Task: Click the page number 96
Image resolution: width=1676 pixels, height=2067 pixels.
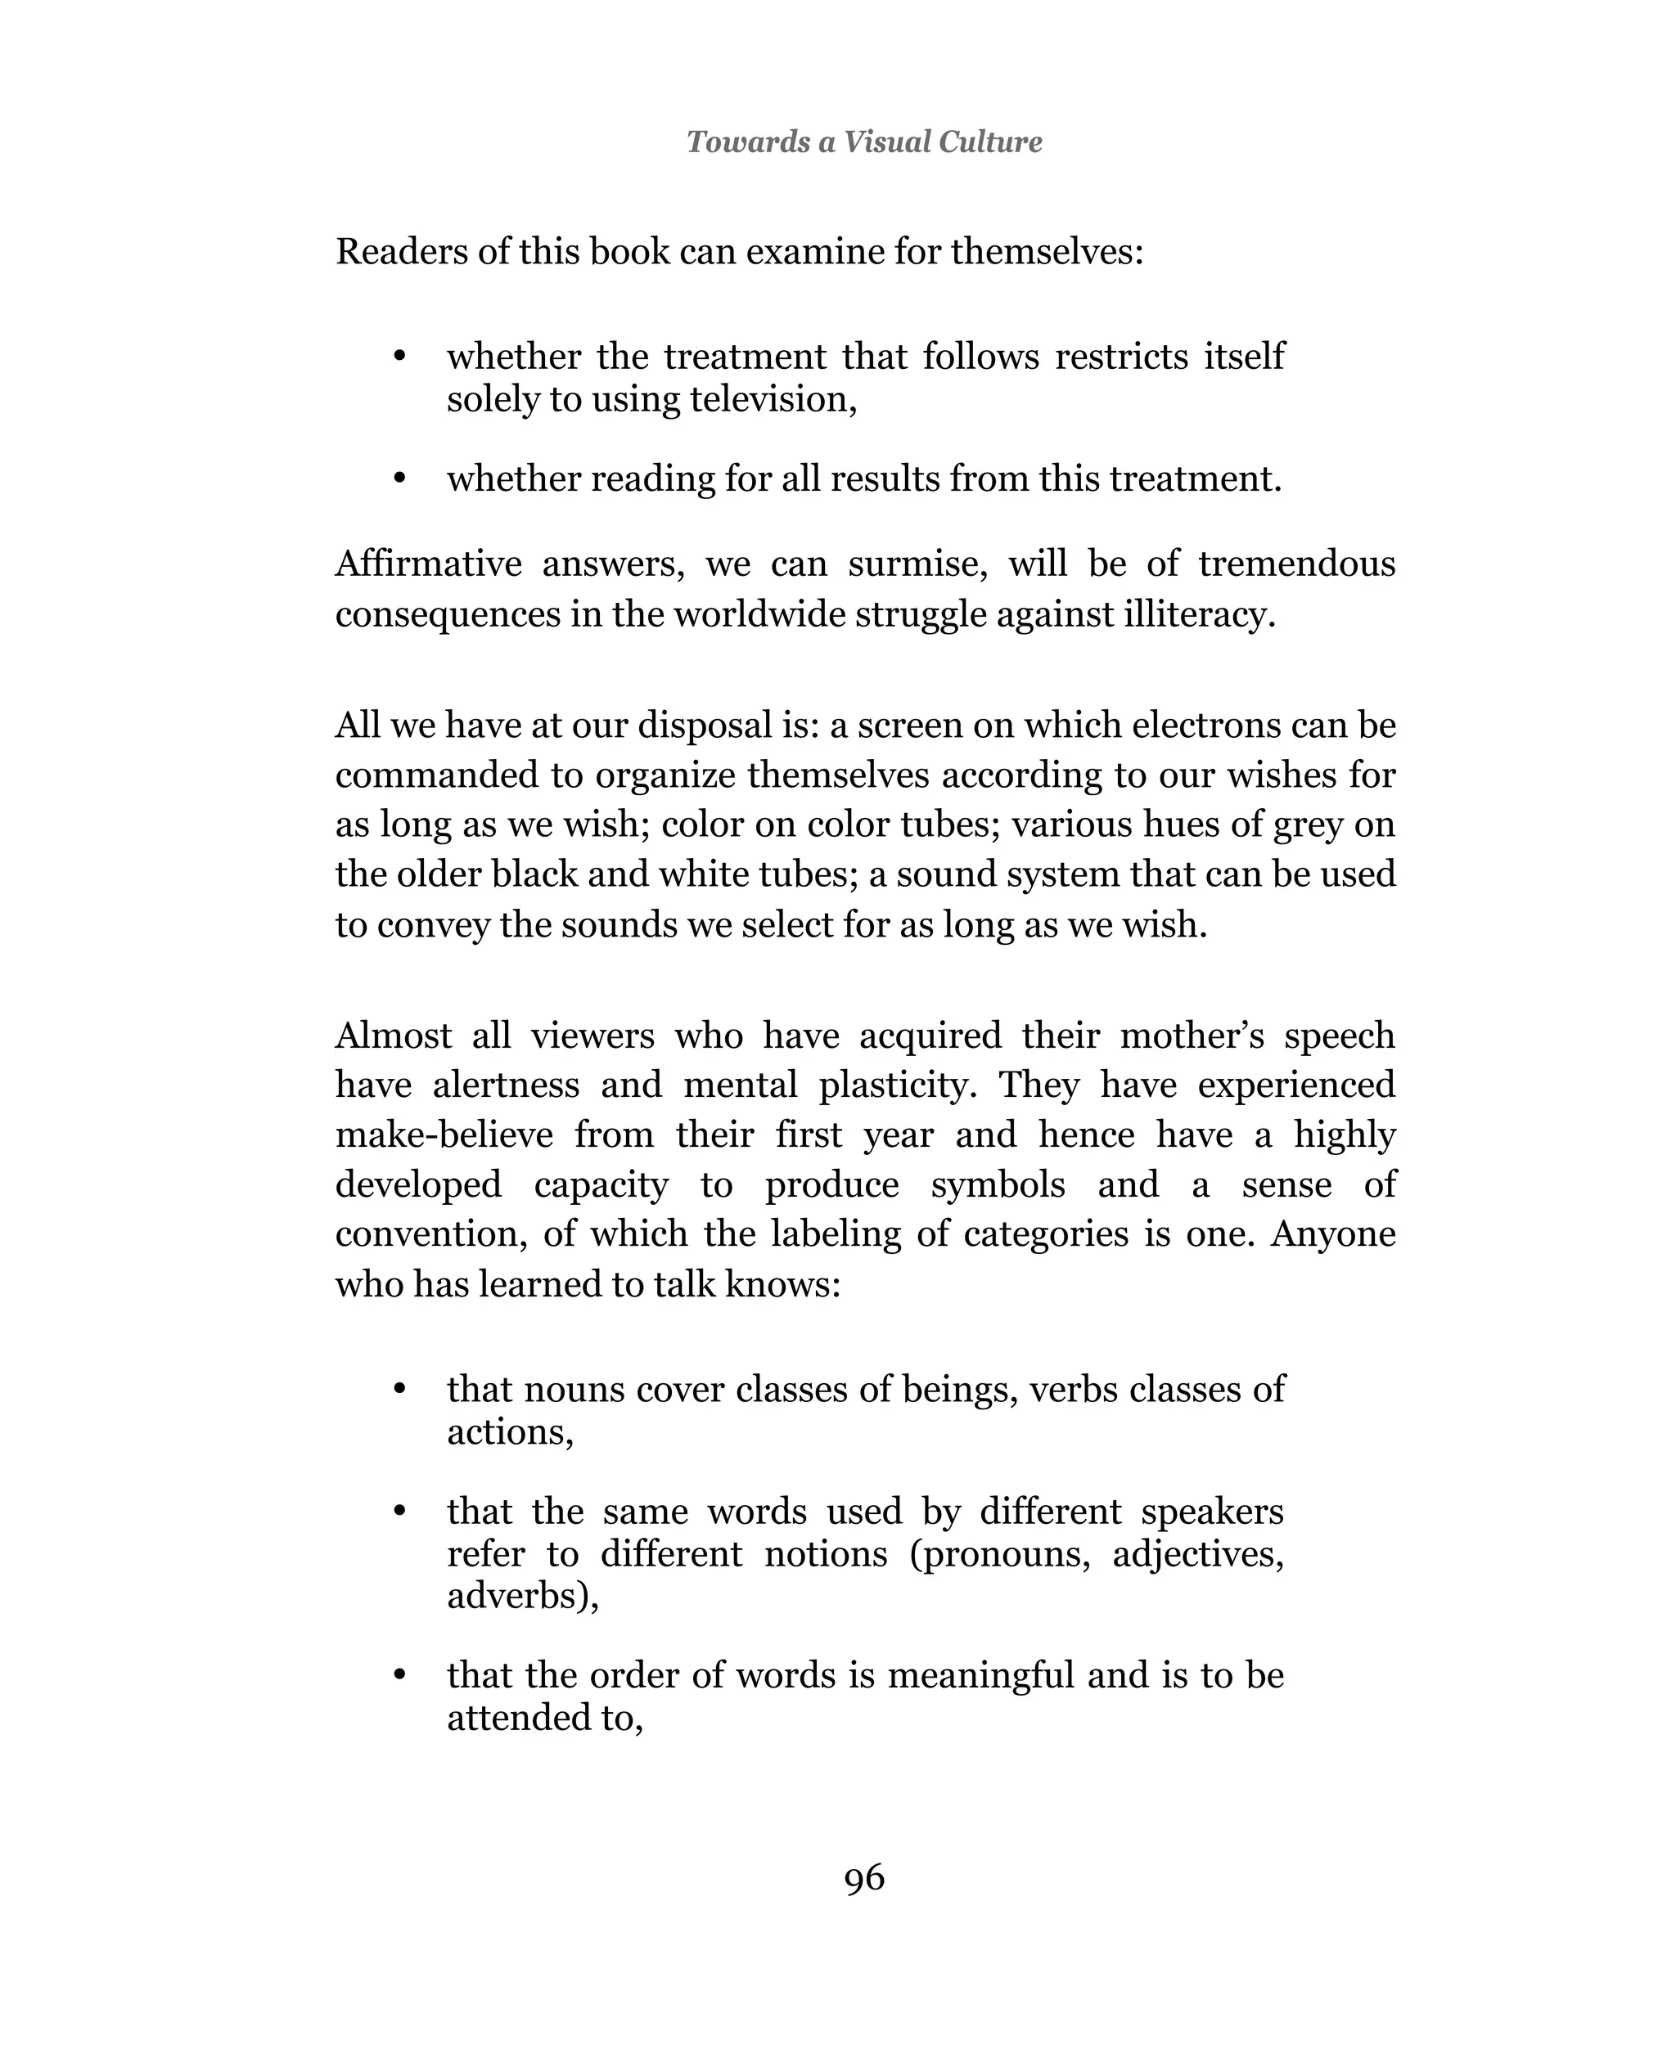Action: click(864, 1878)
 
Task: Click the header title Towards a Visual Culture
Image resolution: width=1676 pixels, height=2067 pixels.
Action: click(864, 142)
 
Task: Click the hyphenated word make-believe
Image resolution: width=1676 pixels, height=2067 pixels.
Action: click(444, 1135)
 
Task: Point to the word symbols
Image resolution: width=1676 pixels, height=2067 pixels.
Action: click(998, 1185)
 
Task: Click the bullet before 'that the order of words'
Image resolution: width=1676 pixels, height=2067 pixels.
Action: click(399, 1676)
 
